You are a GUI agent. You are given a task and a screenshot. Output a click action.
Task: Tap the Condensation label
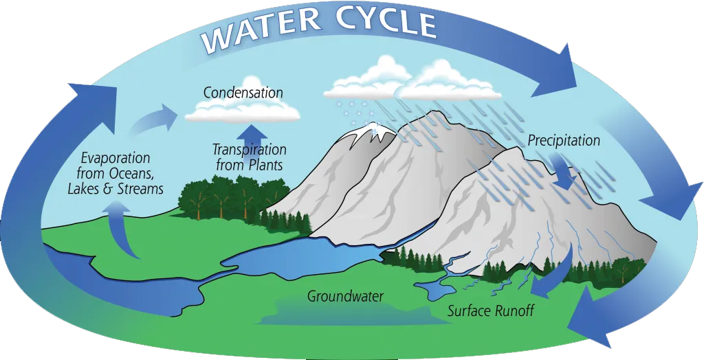[243, 93]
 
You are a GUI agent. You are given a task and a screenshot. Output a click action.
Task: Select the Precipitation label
[564, 141]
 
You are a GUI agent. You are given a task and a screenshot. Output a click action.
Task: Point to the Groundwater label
[345, 297]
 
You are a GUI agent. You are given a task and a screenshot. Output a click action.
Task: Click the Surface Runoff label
[490, 311]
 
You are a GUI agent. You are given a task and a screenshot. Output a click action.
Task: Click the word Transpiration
[249, 150]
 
